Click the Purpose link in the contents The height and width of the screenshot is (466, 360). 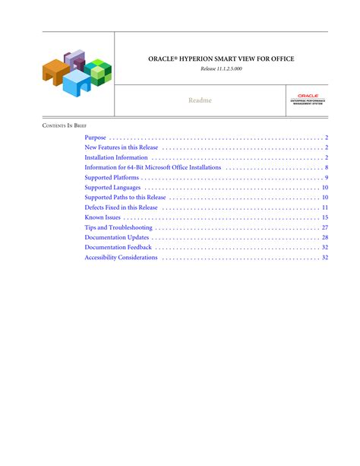point(96,138)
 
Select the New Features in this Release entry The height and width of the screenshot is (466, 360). point(122,147)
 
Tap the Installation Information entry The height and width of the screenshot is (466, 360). point(116,157)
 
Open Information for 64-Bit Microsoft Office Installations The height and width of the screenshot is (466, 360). point(153,167)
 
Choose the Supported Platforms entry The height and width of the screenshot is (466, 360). point(112,177)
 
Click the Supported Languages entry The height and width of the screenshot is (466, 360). point(112,187)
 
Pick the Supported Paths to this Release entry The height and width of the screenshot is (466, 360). point(125,197)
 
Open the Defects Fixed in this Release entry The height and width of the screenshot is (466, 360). point(122,207)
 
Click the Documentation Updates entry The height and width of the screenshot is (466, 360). point(117,237)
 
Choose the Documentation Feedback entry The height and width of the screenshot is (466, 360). point(118,247)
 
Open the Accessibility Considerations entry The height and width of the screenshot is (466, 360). point(122,257)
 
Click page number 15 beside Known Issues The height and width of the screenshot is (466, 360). point(324,217)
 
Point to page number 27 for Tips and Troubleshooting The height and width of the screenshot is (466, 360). point(324,227)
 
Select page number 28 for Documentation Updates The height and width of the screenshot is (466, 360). point(324,237)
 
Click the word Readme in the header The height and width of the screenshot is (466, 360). point(201,100)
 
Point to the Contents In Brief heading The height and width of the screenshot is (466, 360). point(64,124)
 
